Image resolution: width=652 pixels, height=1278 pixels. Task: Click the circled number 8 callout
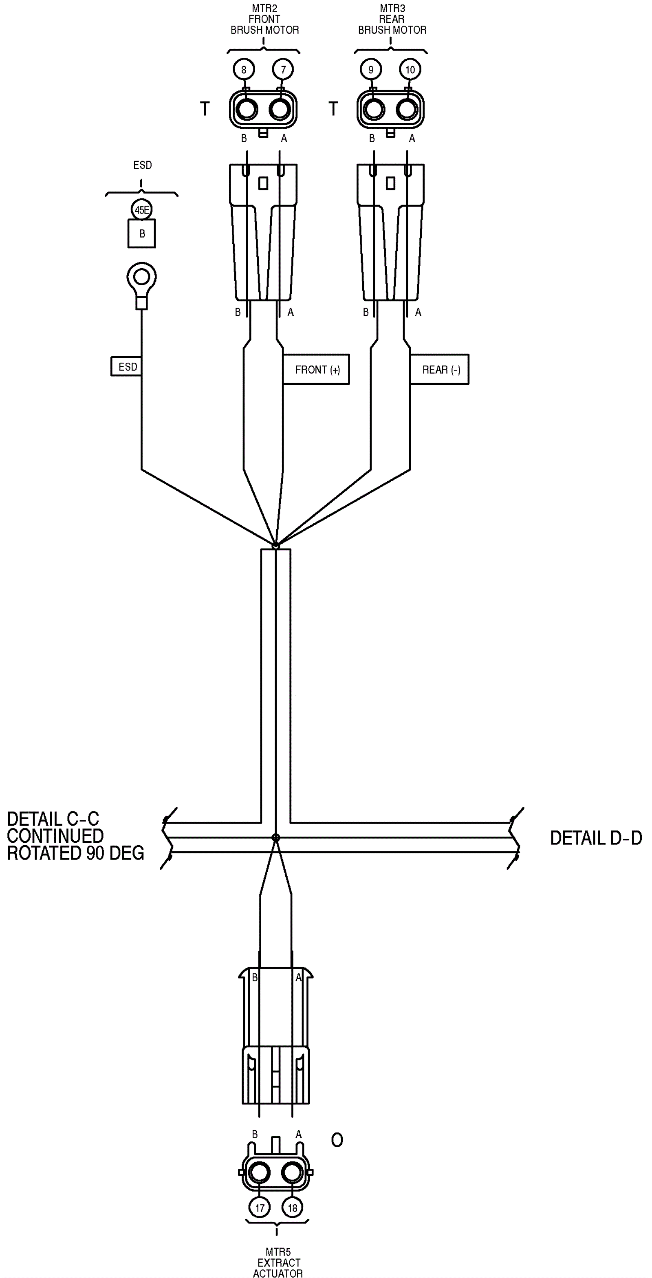(x=244, y=69)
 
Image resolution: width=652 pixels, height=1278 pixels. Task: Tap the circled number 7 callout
(x=283, y=69)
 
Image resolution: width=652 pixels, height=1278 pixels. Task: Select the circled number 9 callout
(x=371, y=69)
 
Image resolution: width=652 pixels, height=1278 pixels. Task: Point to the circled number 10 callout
(x=410, y=69)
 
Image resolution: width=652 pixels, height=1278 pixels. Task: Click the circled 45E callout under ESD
(x=142, y=210)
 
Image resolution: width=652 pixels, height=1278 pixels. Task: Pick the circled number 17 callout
(x=260, y=1207)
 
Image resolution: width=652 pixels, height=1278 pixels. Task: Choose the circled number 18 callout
(x=293, y=1207)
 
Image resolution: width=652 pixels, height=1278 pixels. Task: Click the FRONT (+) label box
(x=317, y=370)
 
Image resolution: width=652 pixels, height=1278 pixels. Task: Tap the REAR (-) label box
(x=440, y=370)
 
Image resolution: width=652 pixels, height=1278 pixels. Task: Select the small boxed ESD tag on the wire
(x=127, y=367)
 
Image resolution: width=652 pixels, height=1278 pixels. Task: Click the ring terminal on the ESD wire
(x=142, y=277)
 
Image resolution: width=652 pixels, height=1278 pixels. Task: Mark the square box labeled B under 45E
(x=142, y=234)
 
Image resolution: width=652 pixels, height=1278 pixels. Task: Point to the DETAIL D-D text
(x=596, y=838)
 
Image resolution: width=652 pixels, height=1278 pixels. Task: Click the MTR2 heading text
(x=264, y=9)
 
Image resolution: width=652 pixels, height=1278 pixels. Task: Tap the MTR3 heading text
(x=392, y=9)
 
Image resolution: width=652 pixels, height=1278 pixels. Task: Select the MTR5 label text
(x=278, y=1252)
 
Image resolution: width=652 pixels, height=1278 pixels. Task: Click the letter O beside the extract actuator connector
(x=337, y=1141)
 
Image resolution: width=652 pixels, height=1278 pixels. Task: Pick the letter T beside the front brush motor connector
(x=205, y=109)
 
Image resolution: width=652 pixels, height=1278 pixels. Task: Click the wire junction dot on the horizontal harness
(x=276, y=837)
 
